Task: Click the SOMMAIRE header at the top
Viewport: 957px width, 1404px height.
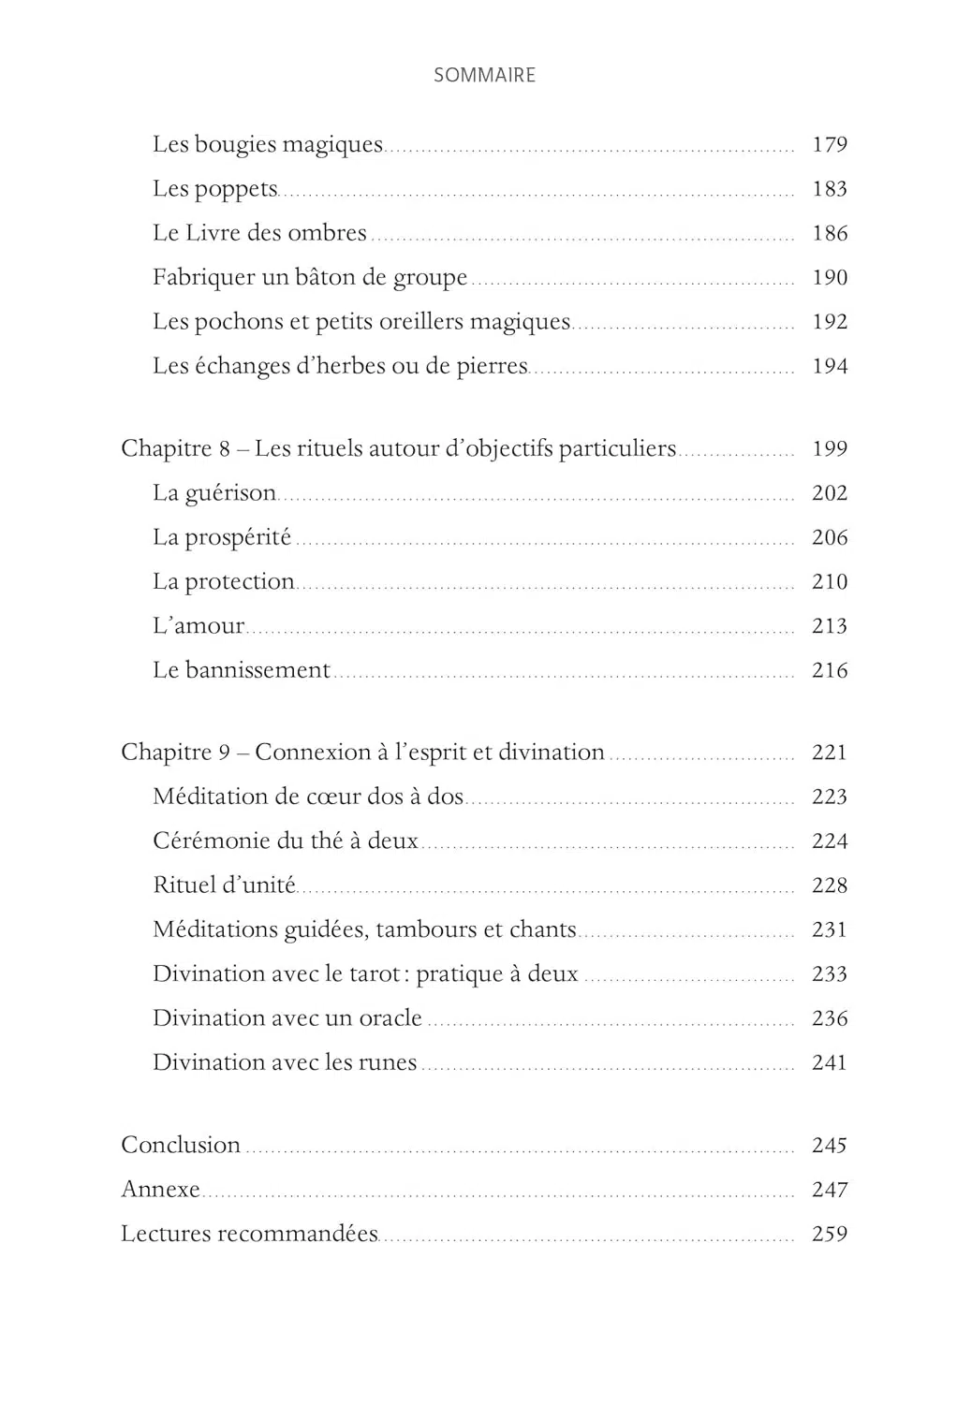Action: click(x=484, y=76)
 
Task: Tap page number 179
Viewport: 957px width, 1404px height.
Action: click(x=829, y=145)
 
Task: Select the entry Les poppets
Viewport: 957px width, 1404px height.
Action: click(x=215, y=189)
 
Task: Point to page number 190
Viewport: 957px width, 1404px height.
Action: click(x=829, y=278)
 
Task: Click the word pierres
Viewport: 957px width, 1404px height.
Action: click(x=492, y=366)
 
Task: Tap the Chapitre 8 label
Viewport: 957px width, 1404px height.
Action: click(x=175, y=449)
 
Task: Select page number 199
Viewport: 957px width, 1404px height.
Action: click(x=829, y=449)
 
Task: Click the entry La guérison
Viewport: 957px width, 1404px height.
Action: click(x=214, y=493)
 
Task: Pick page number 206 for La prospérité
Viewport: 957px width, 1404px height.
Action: click(x=829, y=538)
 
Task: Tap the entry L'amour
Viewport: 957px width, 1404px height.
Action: click(x=199, y=626)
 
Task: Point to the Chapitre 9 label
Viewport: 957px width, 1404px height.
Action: click(x=175, y=753)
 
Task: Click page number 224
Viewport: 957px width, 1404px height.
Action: click(x=829, y=841)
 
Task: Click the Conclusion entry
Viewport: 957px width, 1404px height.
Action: click(x=181, y=1146)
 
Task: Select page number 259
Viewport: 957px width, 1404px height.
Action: click(x=829, y=1235)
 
